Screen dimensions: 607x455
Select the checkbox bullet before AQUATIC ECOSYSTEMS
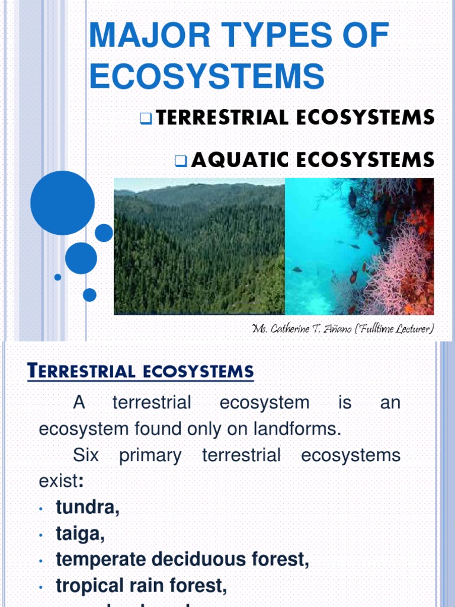point(181,160)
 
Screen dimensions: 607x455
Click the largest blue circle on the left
point(62,203)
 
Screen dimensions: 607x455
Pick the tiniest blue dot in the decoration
point(57,277)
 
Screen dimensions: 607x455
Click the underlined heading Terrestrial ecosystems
point(141,372)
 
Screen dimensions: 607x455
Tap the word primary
point(150,455)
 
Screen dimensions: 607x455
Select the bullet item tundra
point(88,507)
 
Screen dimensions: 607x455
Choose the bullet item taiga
point(81,533)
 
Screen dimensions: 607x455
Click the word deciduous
point(209,560)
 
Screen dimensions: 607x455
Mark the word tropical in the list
point(90,586)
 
